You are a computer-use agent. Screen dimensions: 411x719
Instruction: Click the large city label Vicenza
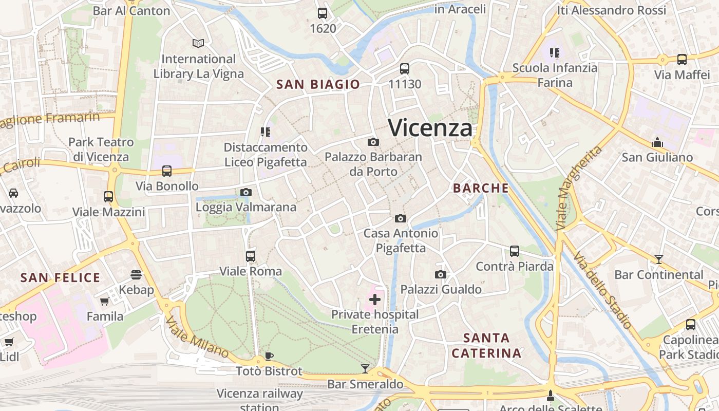tap(430, 127)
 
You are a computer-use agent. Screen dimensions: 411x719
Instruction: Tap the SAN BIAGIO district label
tap(318, 85)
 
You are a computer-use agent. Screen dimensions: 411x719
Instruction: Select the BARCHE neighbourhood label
tap(481, 188)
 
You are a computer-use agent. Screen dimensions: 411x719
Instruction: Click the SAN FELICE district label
tap(60, 278)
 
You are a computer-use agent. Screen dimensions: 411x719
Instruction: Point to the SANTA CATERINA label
tap(486, 345)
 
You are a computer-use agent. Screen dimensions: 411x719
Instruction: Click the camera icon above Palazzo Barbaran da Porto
tap(373, 142)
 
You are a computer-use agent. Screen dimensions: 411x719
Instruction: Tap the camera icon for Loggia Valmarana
tap(246, 193)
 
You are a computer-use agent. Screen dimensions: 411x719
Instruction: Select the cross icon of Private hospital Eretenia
tap(375, 300)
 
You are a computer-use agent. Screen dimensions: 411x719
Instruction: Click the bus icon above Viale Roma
tap(251, 256)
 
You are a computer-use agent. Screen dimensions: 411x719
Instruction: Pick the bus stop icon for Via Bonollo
tap(167, 171)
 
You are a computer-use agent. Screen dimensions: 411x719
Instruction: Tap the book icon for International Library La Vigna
tap(198, 44)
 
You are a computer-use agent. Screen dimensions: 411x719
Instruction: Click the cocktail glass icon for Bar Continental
tap(658, 259)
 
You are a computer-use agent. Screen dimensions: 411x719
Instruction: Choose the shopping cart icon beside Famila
tap(105, 302)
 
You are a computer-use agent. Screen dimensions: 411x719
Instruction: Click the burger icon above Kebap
tap(136, 275)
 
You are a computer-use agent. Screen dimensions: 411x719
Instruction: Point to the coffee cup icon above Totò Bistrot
tap(269, 356)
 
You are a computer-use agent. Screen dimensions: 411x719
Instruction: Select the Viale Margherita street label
tap(579, 188)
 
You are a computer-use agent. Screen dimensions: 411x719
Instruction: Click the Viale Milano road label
tap(197, 337)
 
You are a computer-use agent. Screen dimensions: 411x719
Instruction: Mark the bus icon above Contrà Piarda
tap(515, 251)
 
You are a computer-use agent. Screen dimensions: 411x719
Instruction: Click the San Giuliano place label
tap(657, 157)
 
